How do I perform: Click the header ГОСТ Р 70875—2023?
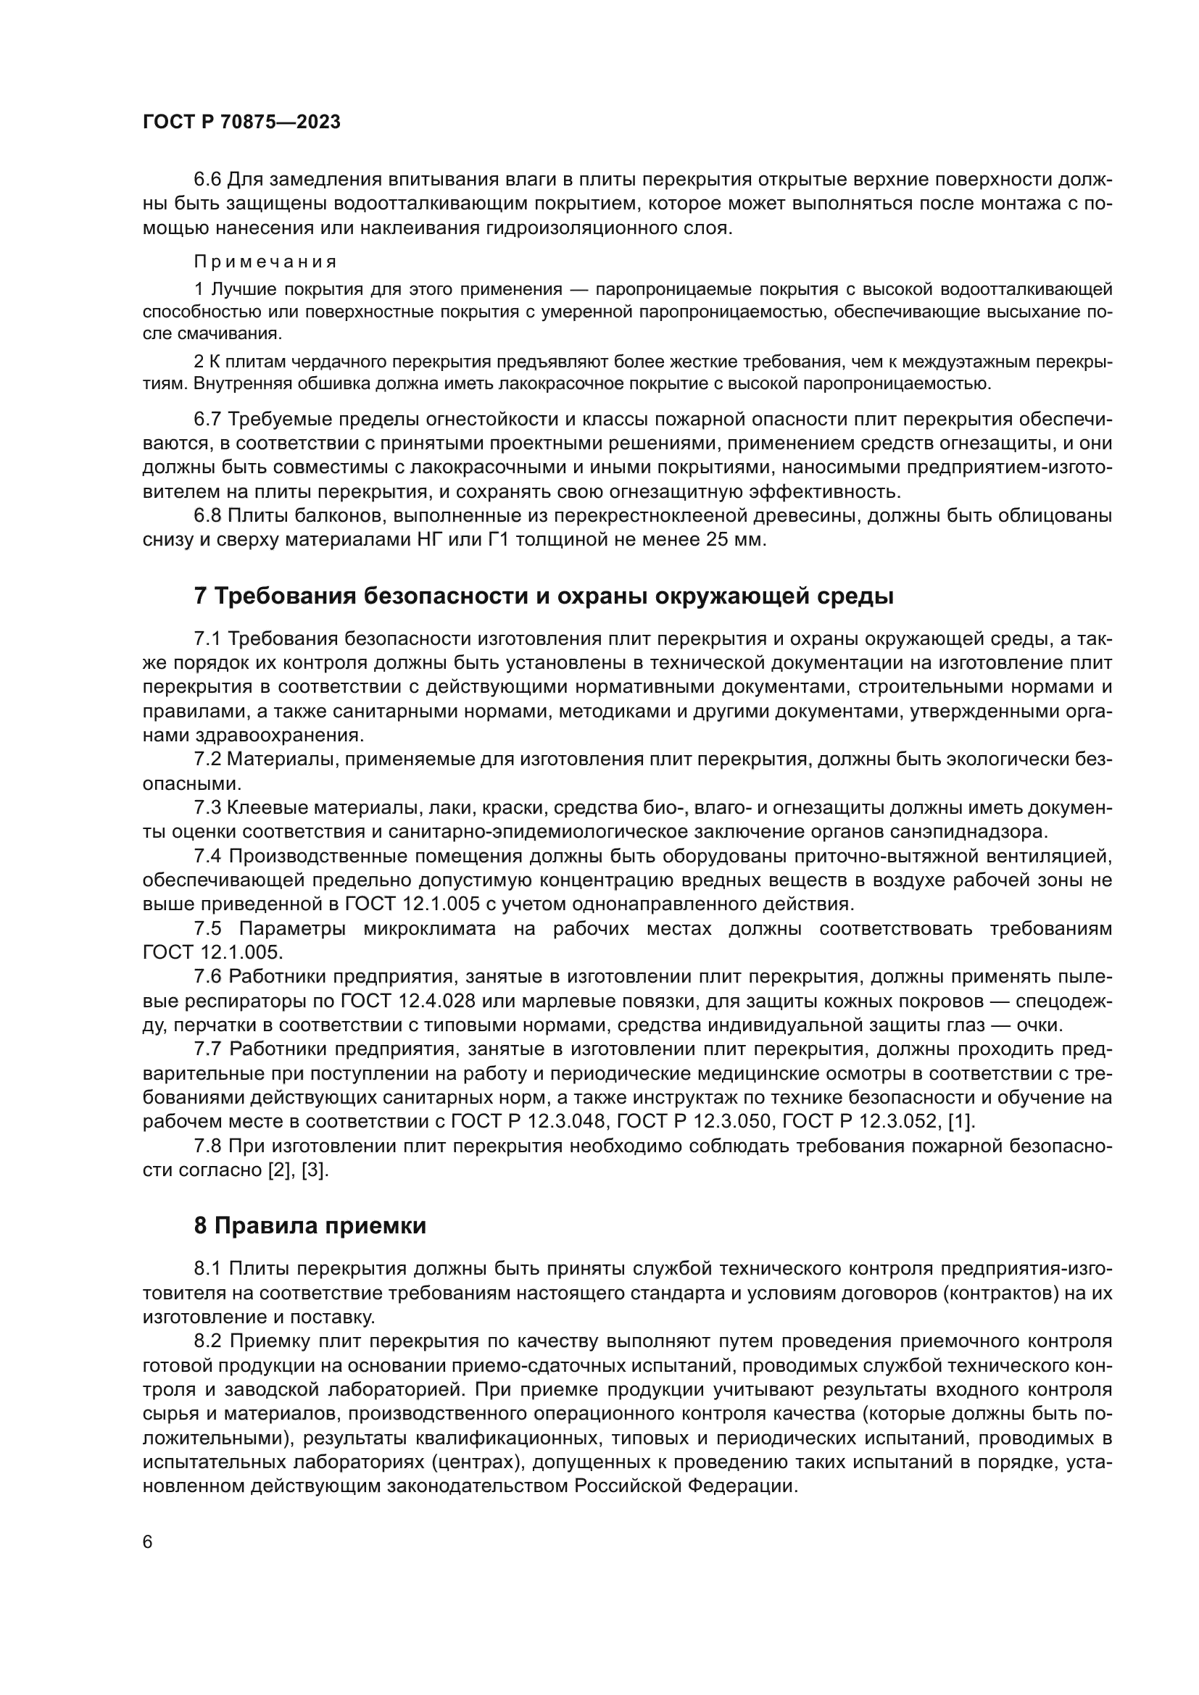click(x=241, y=122)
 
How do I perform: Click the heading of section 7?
click(x=544, y=596)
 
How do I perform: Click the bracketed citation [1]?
click(x=961, y=1121)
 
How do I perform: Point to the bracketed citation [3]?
click(x=315, y=1170)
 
